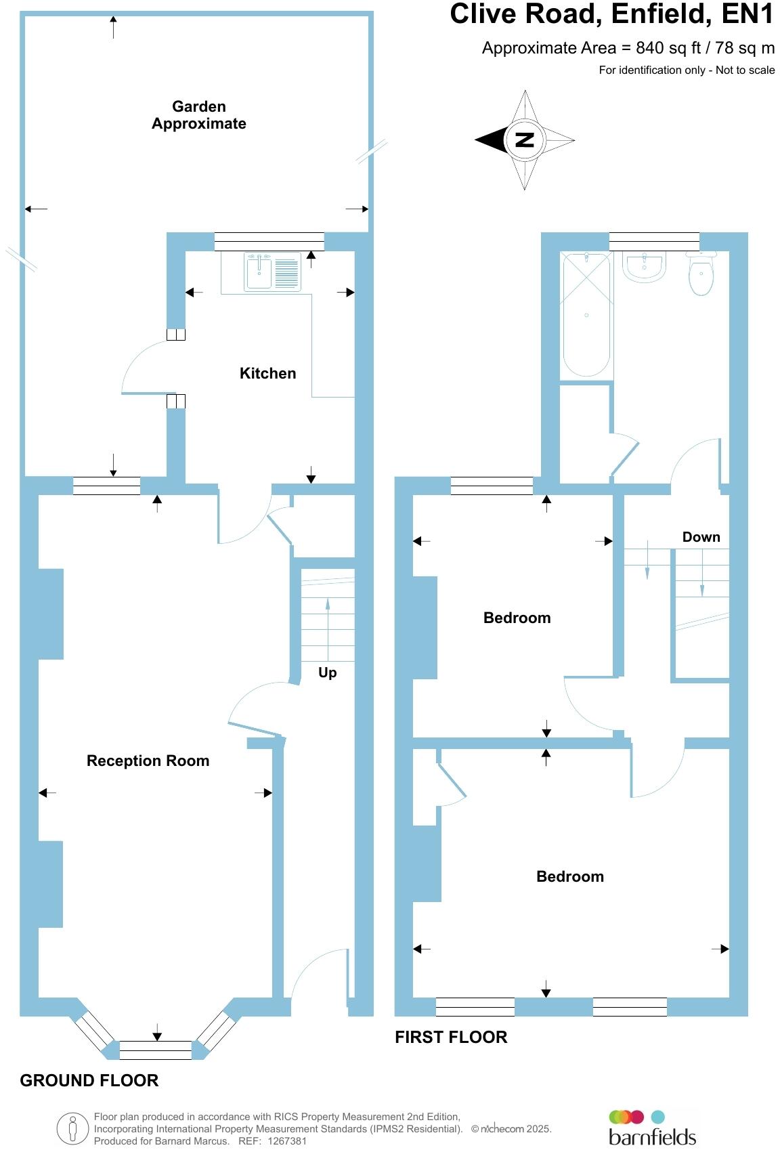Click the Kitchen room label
click(267, 373)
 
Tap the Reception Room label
click(148, 761)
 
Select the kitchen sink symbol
click(259, 272)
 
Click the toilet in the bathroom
click(701, 276)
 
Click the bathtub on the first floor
click(586, 315)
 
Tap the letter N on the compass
click(525, 140)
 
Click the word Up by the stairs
click(327, 672)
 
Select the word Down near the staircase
click(701, 537)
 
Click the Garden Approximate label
click(198, 115)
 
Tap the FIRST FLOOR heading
click(451, 1037)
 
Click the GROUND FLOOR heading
click(89, 1080)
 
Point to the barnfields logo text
click(652, 1136)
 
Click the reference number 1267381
click(287, 1141)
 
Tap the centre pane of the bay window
click(156, 1050)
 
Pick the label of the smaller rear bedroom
click(517, 618)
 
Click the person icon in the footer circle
click(72, 1129)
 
